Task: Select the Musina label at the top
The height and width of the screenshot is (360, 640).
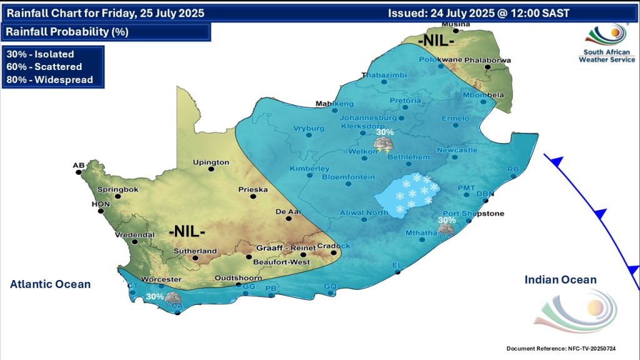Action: [x=455, y=24]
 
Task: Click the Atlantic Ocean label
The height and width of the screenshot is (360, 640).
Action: [x=50, y=284]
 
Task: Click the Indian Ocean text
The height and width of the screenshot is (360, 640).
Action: [x=560, y=280]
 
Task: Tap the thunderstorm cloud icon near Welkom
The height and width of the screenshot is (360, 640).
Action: [x=382, y=146]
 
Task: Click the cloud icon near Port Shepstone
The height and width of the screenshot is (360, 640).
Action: [x=446, y=230]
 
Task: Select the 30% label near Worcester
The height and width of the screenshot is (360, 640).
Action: [x=154, y=296]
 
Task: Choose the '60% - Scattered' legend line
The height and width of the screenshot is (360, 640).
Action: [x=44, y=67]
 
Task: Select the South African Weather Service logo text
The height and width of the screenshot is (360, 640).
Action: [x=606, y=56]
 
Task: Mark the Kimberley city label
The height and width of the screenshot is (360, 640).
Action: [x=309, y=169]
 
